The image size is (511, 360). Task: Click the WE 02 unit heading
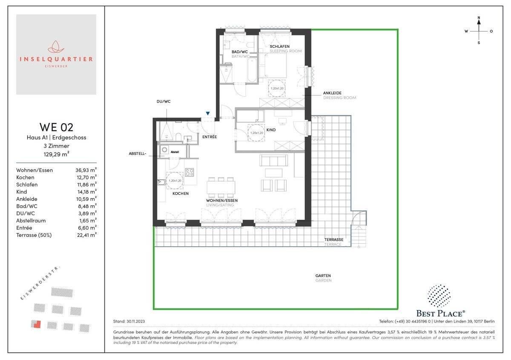(56, 127)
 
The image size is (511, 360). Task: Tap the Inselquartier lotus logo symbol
(56, 47)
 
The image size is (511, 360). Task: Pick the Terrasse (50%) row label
(34, 235)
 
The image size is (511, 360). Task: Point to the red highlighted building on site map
(36, 324)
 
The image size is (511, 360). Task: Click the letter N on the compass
(479, 18)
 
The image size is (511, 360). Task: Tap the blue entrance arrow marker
(207, 113)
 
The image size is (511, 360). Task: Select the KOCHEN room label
(181, 193)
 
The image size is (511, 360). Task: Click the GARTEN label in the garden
(323, 276)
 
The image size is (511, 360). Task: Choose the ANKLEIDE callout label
(332, 93)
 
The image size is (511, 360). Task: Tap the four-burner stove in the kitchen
(189, 173)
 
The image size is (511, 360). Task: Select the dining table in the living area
(221, 187)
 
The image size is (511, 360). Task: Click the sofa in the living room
(274, 160)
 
